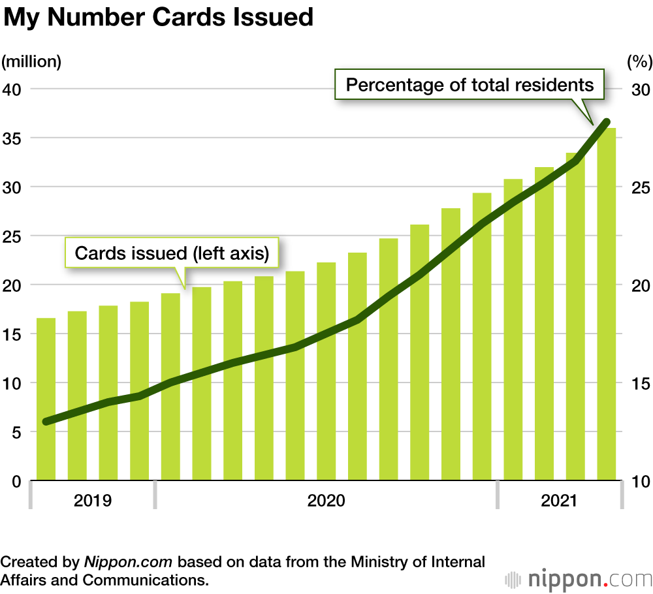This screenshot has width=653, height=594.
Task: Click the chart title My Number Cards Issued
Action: [159, 18]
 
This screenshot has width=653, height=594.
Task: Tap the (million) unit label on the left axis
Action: [31, 62]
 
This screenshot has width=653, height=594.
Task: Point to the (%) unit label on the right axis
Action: [639, 62]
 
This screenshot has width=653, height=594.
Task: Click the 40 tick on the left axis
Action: [13, 89]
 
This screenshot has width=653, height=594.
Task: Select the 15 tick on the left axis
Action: [13, 334]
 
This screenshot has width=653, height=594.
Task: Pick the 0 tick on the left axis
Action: [17, 482]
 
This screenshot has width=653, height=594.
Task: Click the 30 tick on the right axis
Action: [639, 89]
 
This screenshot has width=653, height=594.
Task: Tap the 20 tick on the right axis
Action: [639, 285]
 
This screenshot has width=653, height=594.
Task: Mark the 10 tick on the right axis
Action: [639, 482]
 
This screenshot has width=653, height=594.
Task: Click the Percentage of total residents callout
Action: [470, 85]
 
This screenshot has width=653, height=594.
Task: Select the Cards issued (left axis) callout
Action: [172, 253]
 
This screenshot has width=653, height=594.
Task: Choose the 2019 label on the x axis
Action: [92, 501]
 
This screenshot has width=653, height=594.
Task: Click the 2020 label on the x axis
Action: [326, 501]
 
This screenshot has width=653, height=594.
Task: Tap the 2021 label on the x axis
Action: [560, 501]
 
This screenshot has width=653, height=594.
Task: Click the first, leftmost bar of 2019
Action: [46, 399]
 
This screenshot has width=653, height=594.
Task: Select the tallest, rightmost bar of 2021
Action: [607, 304]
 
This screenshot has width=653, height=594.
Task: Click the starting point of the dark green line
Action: [46, 422]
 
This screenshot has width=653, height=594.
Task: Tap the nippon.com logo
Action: [579, 579]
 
